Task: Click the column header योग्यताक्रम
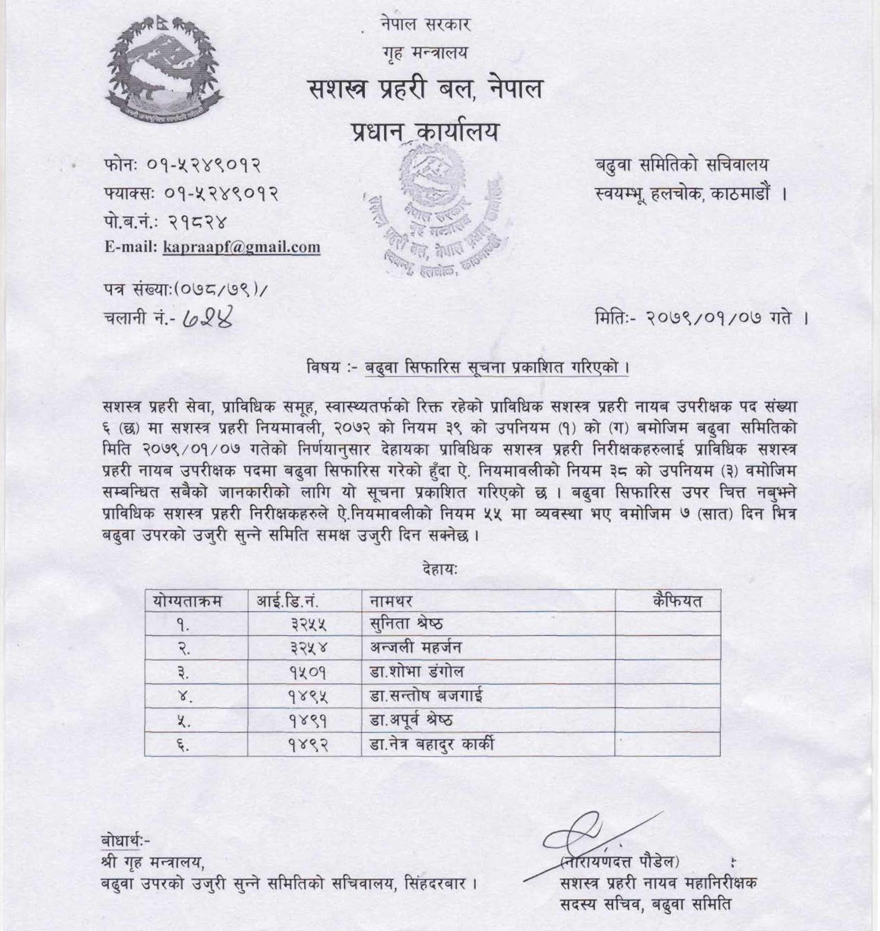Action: [187, 601]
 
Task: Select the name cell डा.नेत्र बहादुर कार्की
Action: [431, 744]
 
